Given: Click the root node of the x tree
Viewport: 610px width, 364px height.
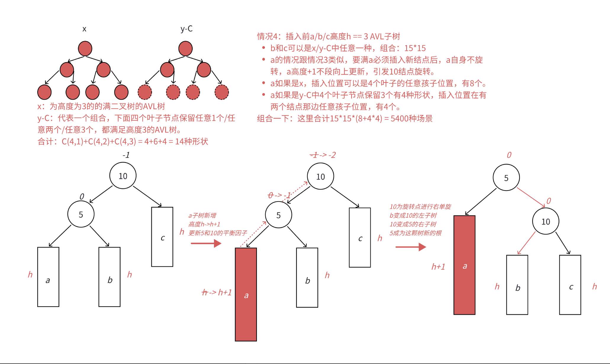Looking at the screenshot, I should click(85, 49).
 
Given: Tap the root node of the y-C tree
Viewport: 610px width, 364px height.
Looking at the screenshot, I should click(186, 49).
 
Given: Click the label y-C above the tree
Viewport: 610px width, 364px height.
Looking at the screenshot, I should click(186, 29).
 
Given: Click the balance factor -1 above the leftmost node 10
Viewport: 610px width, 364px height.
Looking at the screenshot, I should click(126, 155).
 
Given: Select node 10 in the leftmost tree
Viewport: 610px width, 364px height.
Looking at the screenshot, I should click(123, 176).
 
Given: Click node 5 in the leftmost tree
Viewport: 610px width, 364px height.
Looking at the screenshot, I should click(81, 214).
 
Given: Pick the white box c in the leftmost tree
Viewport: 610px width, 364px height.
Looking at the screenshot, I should click(162, 237).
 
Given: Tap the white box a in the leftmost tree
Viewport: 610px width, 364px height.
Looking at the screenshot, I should click(48, 277).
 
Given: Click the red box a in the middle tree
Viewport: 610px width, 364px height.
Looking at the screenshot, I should click(246, 294).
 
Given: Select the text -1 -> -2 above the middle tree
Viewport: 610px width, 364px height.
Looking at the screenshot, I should click(323, 155).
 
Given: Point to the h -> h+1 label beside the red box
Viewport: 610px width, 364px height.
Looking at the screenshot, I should click(217, 292).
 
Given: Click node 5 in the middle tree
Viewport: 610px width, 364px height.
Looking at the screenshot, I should click(279, 215).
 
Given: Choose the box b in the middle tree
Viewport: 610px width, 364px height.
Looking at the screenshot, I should click(307, 278).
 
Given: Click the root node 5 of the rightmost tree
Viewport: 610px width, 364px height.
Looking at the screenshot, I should click(506, 178).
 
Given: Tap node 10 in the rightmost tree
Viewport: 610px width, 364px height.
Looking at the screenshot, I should click(545, 221).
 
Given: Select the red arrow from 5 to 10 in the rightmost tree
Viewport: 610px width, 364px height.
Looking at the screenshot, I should click(531, 197).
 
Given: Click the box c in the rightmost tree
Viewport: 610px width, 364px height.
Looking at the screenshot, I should click(570, 285).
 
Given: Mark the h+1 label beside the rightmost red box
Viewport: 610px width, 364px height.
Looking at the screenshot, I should click(438, 267).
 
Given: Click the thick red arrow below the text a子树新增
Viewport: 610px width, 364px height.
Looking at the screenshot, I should click(206, 244).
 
